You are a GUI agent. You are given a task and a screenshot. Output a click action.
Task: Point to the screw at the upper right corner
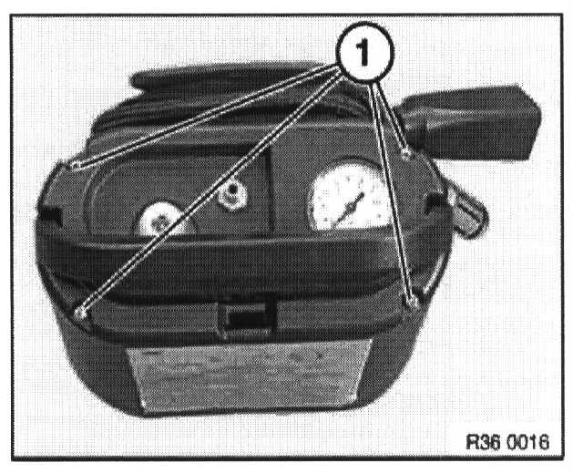[406, 156]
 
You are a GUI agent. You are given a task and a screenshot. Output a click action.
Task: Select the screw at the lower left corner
[82, 313]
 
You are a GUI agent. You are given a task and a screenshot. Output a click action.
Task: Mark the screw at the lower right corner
[414, 302]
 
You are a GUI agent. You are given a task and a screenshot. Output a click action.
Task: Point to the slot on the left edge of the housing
[49, 215]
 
